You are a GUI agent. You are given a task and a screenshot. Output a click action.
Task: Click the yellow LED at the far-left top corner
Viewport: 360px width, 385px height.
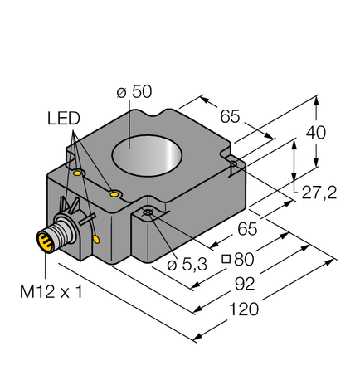[78, 174]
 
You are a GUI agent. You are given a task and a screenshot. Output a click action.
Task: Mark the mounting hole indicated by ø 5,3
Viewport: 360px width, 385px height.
[148, 214]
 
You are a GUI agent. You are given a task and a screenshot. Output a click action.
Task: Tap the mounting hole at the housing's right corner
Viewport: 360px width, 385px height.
[236, 165]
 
